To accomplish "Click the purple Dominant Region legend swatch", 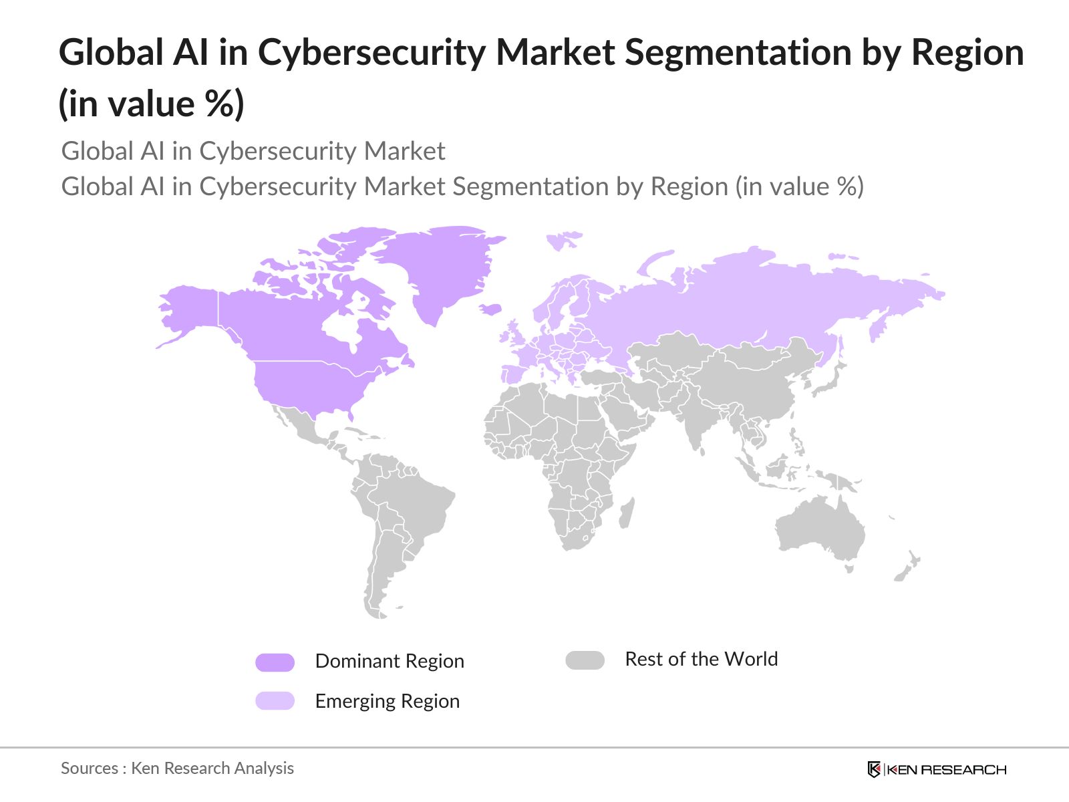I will pos(275,662).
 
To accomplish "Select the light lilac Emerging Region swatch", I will pos(275,700).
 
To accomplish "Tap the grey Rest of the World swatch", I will pos(585,660).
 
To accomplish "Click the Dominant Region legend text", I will pos(389,661).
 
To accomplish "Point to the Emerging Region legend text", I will pos(387,701).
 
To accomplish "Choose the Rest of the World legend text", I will pos(701,659).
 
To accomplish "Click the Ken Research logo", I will pos(937,769).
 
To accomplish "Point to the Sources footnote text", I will pos(177,768).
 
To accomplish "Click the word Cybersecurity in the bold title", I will pos(371,52).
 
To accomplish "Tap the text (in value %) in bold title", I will pos(152,104).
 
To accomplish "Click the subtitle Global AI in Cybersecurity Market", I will pos(253,151).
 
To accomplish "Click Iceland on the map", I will pos(491,309).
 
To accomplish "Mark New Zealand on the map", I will pos(907,567).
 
